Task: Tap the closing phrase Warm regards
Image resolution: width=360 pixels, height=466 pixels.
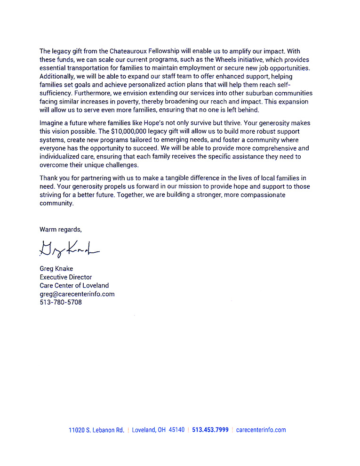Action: click(x=61, y=230)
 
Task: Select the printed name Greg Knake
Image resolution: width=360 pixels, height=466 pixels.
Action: click(x=56, y=269)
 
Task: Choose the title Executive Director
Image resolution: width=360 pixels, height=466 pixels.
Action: click(x=66, y=277)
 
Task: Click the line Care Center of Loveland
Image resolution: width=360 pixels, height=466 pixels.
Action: click(x=74, y=285)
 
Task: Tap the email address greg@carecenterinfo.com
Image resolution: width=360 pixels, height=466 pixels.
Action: click(x=77, y=294)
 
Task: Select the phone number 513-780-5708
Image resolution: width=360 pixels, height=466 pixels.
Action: click(x=61, y=302)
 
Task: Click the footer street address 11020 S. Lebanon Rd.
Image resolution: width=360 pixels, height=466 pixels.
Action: click(x=96, y=430)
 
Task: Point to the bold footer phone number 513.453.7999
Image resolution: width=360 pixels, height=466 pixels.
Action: click(x=210, y=430)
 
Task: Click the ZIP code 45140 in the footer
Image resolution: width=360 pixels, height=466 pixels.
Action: click(x=176, y=430)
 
